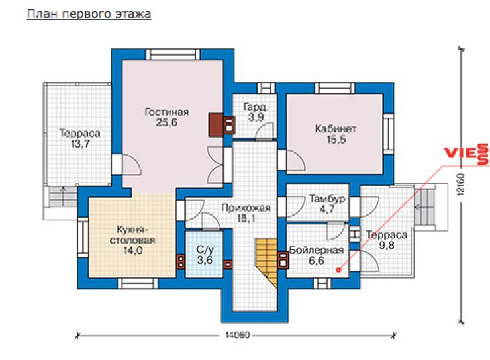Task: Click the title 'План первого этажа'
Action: click(89, 14)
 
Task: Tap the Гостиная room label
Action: click(167, 112)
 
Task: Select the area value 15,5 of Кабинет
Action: click(336, 140)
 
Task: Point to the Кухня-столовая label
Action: click(132, 235)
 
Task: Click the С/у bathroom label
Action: click(205, 249)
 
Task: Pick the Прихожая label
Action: click(246, 208)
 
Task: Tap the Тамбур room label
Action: click(327, 199)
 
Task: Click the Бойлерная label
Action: click(317, 250)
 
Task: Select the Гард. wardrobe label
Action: click(256, 107)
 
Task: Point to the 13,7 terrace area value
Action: click(80, 144)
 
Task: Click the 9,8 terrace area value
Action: click(387, 246)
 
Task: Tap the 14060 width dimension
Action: click(238, 335)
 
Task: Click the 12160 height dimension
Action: click(460, 184)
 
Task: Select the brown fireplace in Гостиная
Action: click(216, 124)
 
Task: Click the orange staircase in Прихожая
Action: click(267, 262)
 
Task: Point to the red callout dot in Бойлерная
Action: click(339, 270)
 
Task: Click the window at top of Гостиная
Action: click(173, 54)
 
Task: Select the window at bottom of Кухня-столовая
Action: click(138, 283)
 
